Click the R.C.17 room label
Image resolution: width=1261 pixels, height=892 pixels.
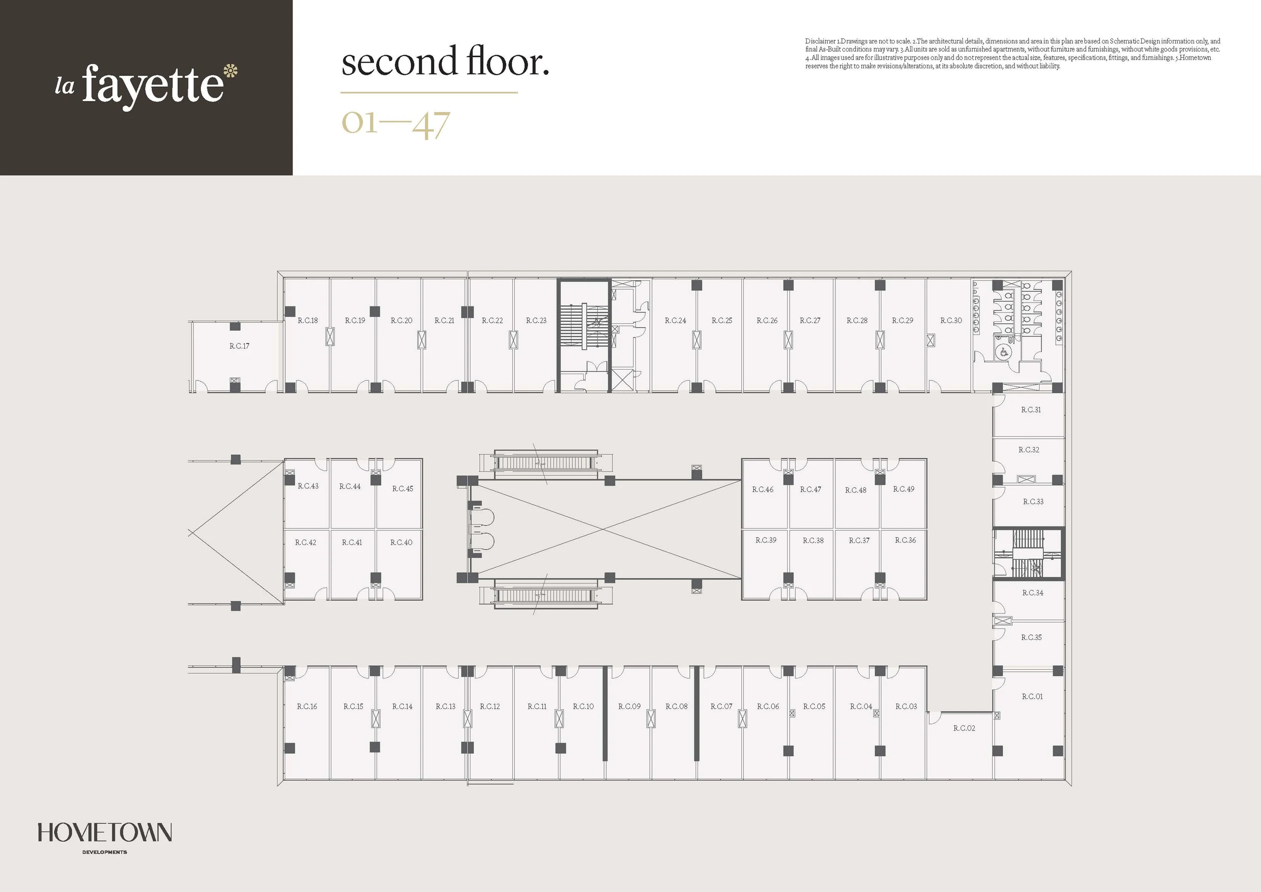click(239, 345)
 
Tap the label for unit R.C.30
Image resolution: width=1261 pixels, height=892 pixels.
click(951, 320)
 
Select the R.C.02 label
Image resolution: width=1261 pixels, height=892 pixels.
click(964, 728)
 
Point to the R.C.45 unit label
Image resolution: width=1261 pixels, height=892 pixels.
click(402, 488)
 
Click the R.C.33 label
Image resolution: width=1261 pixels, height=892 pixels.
click(1033, 502)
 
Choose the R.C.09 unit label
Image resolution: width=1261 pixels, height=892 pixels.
click(630, 706)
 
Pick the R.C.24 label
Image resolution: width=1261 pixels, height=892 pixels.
click(675, 320)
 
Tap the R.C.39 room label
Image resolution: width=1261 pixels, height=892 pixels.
click(766, 540)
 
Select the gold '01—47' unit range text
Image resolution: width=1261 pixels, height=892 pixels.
click(396, 124)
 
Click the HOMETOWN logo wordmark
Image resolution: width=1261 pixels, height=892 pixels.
click(104, 833)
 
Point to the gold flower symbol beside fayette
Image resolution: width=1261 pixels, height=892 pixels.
click(231, 71)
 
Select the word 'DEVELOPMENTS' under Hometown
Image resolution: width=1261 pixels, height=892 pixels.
click(104, 853)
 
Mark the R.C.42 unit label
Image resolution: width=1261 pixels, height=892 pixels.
click(305, 543)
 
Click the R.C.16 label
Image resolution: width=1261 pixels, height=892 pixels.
click(307, 706)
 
